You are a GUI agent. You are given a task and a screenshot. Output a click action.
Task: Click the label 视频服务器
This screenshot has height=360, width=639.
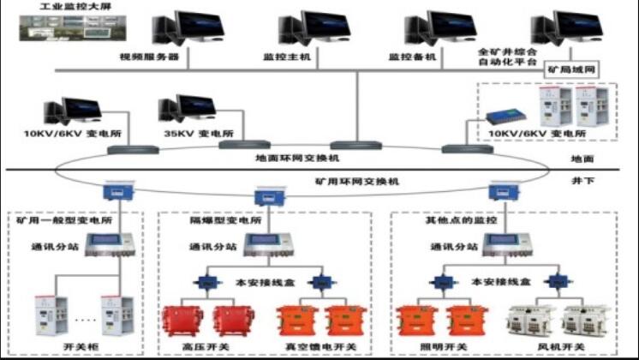pyautogui.click(x=149, y=57)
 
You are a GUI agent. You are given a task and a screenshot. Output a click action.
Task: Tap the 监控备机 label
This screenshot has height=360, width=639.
pyautogui.click(x=413, y=57)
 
